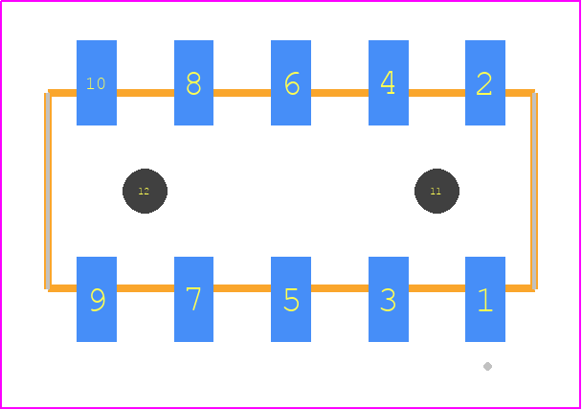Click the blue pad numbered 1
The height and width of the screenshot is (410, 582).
tap(485, 299)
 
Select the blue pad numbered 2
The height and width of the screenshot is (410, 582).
tap(485, 82)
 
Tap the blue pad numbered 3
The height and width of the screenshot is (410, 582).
tap(389, 299)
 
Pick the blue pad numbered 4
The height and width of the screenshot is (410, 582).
tap(389, 82)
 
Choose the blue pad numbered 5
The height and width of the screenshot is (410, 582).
tap(291, 299)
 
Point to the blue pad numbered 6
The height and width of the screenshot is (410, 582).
tap(291, 82)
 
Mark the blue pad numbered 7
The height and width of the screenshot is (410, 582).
tap(193, 299)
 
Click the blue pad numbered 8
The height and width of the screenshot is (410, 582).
tap(193, 82)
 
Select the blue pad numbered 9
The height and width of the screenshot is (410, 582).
tap(97, 299)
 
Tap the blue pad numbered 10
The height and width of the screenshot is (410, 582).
tap(97, 82)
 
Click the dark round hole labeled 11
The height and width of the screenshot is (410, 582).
tap(436, 191)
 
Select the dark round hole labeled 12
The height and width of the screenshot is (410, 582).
tap(145, 191)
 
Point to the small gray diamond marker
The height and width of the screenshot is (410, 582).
tap(488, 367)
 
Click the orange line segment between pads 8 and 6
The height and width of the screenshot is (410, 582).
tap(242, 93)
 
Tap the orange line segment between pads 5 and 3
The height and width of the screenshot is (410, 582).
tap(340, 288)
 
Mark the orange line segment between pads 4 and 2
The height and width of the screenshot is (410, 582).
tap(436, 93)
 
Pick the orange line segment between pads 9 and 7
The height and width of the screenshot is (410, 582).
tap(145, 288)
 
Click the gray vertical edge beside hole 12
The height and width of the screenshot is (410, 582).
tap(48, 191)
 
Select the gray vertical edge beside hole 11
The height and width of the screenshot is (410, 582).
tap(534, 191)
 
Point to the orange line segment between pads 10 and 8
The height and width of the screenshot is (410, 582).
tap(145, 93)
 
